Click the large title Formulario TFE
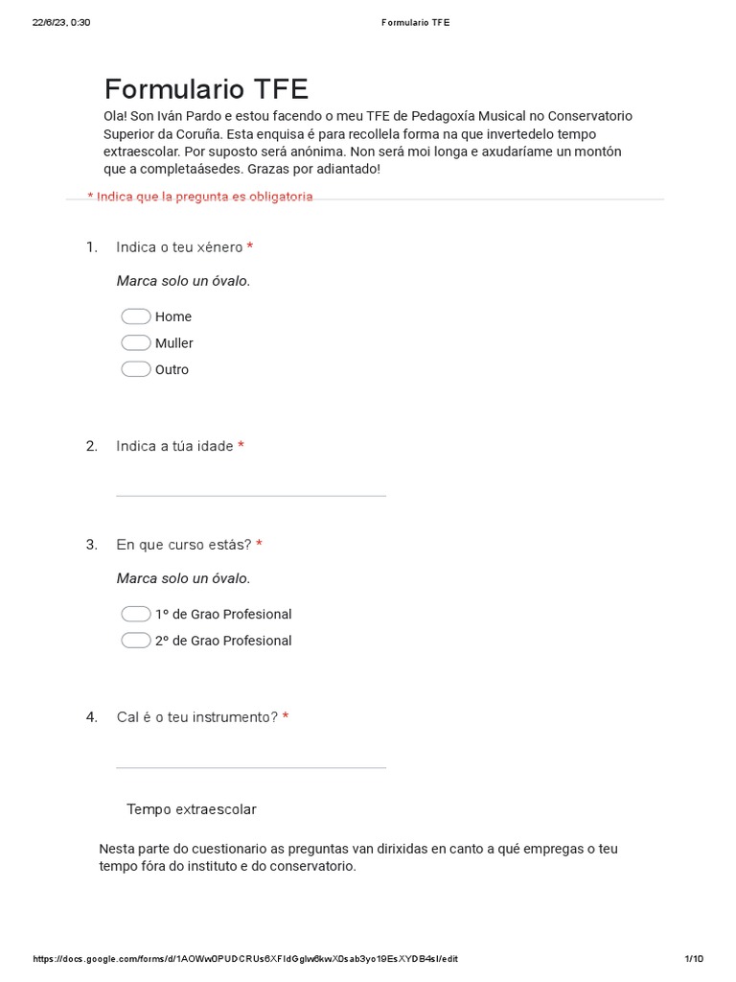click(x=206, y=89)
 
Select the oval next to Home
click(x=136, y=316)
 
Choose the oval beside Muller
click(x=136, y=343)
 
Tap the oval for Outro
click(x=136, y=369)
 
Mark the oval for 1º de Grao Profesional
click(x=136, y=614)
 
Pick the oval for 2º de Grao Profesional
click(x=136, y=641)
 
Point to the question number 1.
click(x=91, y=247)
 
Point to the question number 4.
click(x=91, y=717)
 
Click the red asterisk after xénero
click(x=250, y=247)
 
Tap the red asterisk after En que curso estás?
click(x=259, y=545)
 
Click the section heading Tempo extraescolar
click(x=192, y=809)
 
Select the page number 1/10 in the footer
click(x=695, y=959)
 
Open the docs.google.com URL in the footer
click(x=245, y=959)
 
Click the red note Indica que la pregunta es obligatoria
click(x=200, y=197)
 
